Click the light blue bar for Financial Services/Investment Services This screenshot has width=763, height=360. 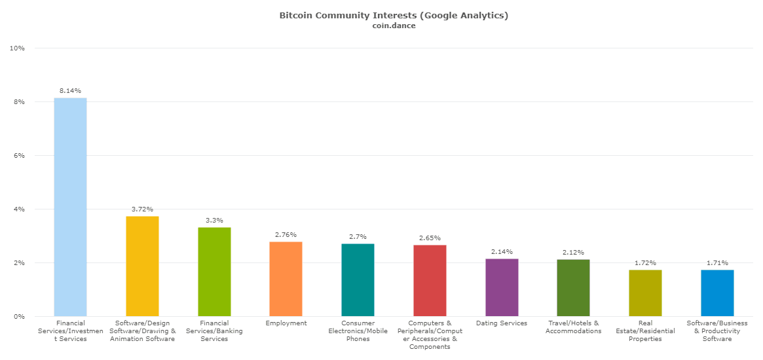70,207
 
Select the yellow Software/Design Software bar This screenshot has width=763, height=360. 142,266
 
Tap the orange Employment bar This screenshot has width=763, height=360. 286,279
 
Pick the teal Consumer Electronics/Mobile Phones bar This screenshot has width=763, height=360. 358,280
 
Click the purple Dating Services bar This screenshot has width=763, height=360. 502,287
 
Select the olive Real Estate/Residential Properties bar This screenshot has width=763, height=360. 645,293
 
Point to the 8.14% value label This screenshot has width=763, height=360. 70,91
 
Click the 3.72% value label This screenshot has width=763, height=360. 142,209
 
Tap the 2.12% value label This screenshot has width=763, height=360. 573,253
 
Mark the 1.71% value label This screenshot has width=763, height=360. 717,263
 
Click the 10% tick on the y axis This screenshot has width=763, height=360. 18,48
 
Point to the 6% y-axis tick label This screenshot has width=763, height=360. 20,156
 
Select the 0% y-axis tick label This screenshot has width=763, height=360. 20,317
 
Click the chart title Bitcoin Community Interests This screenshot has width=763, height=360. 394,15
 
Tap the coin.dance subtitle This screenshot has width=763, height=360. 394,26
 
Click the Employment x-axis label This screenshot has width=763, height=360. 286,323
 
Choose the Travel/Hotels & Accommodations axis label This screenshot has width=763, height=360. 573,327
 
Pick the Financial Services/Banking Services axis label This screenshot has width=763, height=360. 214,331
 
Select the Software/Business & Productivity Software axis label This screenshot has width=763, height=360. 717,331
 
